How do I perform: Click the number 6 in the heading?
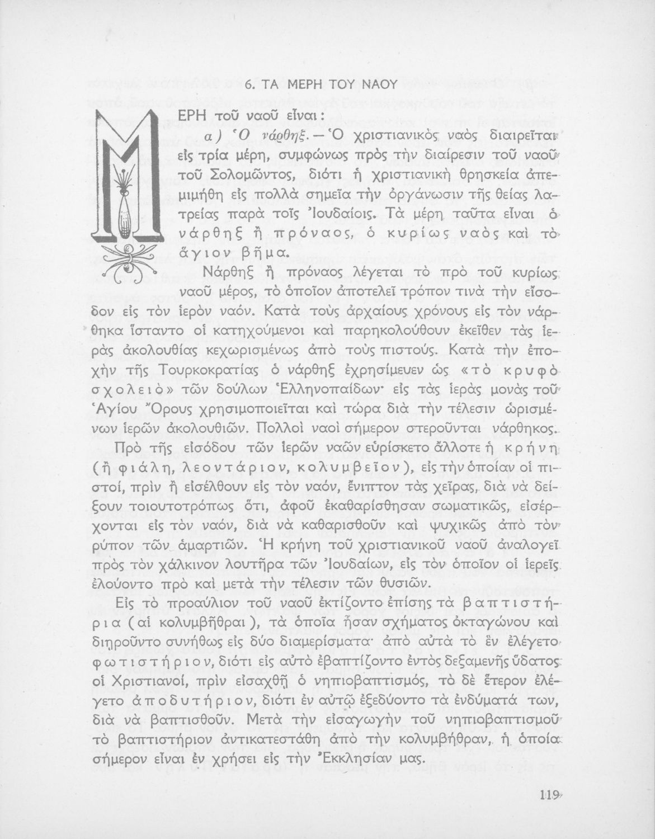[249, 85]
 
